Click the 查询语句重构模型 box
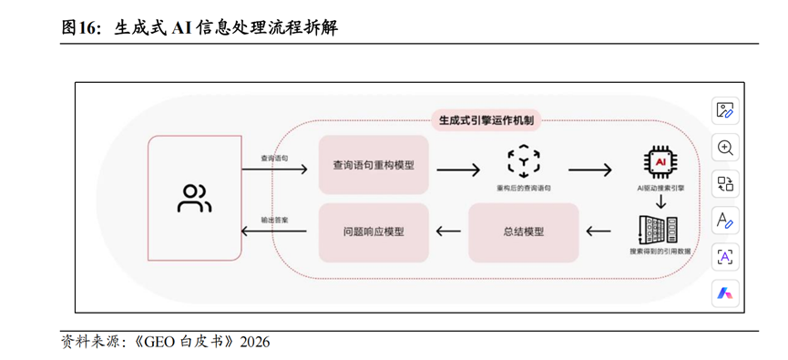[374, 165]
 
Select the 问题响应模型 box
[374, 231]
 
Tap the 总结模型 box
[523, 231]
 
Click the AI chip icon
[659, 161]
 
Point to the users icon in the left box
[194, 198]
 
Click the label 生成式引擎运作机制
[486, 119]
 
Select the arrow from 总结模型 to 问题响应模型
[448, 231]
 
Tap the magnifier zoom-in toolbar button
[725, 148]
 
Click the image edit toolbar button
[725, 110]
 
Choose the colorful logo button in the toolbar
[725, 293]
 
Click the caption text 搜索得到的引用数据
[660, 252]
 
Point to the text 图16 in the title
[81, 28]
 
